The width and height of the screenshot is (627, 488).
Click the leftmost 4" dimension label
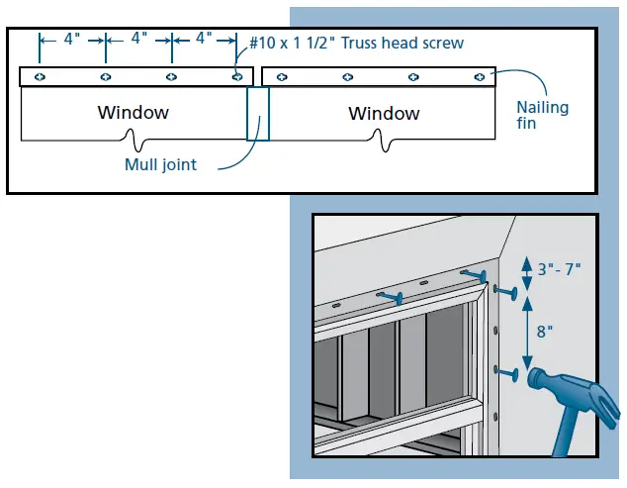coord(71,39)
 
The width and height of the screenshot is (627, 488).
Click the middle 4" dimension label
coord(137,39)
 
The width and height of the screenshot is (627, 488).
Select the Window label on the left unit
coord(133,112)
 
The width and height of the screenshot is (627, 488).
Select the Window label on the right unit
coord(384,114)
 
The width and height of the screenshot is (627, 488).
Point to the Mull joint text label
coord(160,164)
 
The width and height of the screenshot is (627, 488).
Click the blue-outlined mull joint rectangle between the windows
coord(257,113)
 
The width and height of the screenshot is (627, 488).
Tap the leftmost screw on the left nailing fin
coord(39,76)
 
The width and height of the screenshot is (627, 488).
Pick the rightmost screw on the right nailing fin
coord(480,76)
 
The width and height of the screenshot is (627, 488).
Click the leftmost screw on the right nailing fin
coord(282,76)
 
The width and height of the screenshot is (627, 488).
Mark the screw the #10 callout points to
coord(236,76)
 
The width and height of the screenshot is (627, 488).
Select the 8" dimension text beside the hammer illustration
coord(545,333)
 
